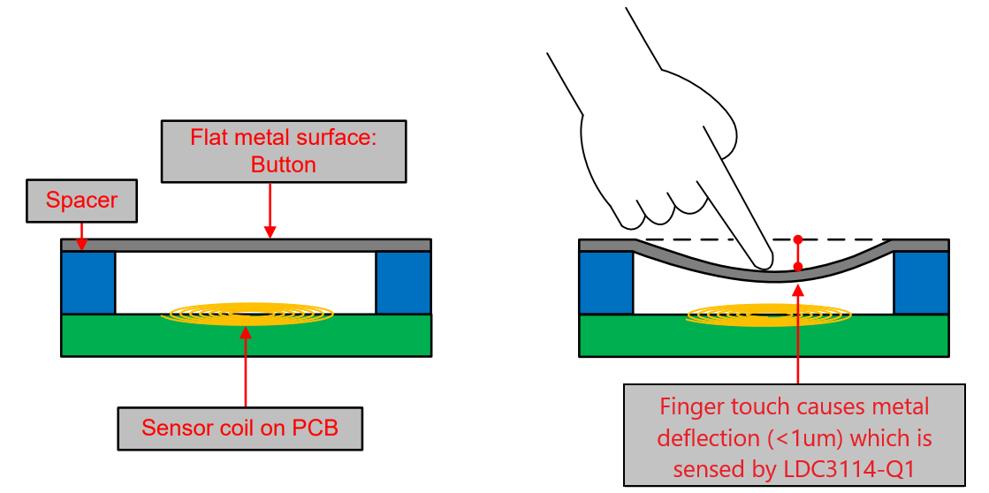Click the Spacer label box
[81, 201]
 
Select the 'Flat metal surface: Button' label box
[284, 151]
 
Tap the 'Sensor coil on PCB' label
[240, 429]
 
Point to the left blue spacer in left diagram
[88, 283]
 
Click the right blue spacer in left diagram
[403, 283]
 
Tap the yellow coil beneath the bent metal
[769, 313]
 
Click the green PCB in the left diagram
[246, 338]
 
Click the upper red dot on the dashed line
[797, 239]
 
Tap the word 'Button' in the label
[283, 164]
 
